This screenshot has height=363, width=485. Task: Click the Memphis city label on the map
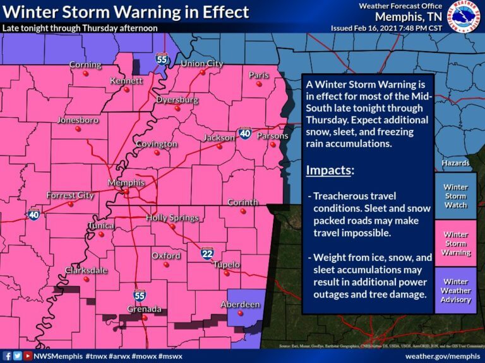click(126, 183)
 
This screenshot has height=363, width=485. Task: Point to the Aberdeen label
click(240, 304)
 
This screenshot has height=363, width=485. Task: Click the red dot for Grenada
click(145, 318)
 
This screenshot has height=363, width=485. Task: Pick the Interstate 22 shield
click(207, 253)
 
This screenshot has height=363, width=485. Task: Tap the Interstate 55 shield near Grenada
click(138, 295)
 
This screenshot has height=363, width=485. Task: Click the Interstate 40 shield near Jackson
click(245, 134)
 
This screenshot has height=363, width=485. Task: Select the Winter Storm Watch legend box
click(455, 196)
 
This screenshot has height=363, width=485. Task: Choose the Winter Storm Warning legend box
click(455, 243)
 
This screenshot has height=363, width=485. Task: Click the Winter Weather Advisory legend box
click(455, 291)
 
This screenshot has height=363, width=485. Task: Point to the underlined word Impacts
click(330, 171)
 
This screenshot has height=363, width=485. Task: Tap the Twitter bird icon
click(18, 355)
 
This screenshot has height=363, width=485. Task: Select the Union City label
click(201, 64)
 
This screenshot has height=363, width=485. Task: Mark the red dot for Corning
click(85, 73)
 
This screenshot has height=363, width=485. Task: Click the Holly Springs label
click(172, 218)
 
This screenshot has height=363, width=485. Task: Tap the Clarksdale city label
click(86, 270)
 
